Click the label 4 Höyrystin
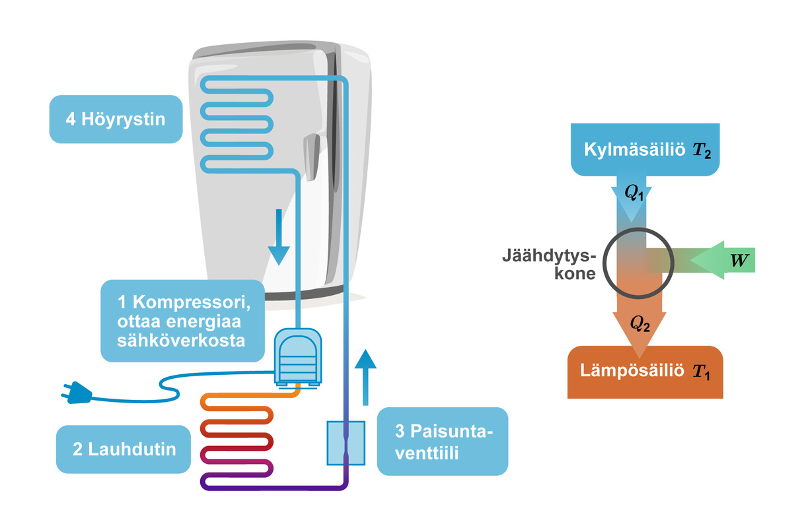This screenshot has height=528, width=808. pos(116,119)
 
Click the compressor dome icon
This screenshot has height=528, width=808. pos(297,356)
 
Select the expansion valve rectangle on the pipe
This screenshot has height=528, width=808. pos(346,442)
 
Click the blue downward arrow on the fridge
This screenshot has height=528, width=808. pos(279,238)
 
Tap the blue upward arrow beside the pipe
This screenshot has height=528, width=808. pos(365,376)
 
